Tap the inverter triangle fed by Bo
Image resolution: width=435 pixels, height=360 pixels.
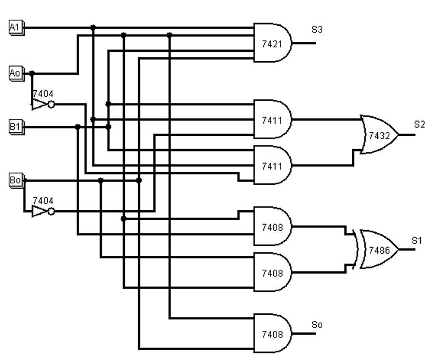41,212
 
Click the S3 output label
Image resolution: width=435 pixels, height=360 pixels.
317,30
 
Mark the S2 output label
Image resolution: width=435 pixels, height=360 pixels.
420,123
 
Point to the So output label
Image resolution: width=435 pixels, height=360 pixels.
317,324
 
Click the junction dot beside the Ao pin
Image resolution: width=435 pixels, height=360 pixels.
32,72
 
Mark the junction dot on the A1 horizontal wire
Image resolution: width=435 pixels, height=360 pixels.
93,26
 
